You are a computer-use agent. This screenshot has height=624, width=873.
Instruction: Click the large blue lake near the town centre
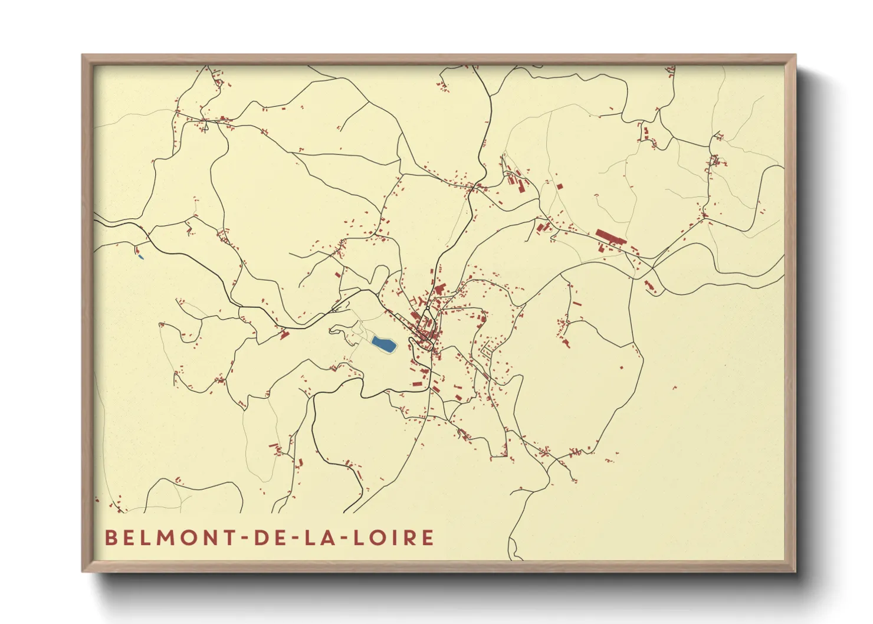pyautogui.click(x=383, y=344)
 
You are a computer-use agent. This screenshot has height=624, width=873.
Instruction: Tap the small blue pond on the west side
pyautogui.click(x=140, y=257)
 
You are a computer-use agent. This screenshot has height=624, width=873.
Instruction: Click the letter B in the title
pyautogui.click(x=110, y=538)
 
